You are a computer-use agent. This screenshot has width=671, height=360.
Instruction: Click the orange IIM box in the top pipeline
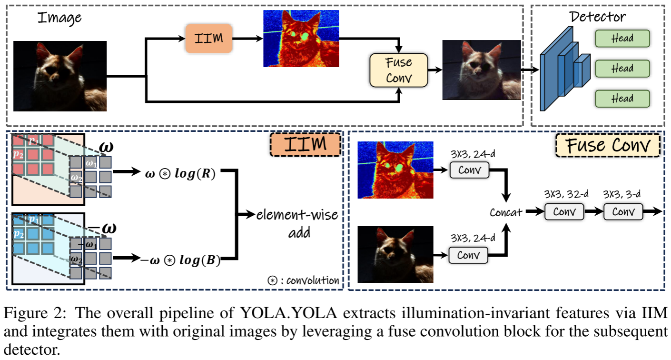(x=209, y=38)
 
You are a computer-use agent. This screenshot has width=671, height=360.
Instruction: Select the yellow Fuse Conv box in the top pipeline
(x=399, y=70)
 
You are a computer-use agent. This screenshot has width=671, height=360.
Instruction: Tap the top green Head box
(x=622, y=39)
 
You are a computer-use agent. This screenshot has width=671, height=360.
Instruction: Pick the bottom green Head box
(x=622, y=99)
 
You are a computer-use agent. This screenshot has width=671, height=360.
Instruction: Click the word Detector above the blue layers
(x=597, y=17)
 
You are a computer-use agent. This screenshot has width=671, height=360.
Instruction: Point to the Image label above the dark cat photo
(x=59, y=18)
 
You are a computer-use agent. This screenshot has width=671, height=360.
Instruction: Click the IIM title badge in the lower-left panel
(x=305, y=144)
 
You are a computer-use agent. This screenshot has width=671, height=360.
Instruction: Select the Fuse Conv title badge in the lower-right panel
(x=608, y=144)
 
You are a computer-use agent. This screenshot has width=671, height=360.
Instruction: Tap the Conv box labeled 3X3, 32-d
(x=564, y=211)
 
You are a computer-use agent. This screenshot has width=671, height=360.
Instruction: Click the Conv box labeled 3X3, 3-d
(x=623, y=211)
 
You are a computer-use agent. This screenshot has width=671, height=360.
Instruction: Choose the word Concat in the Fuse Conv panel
(x=505, y=212)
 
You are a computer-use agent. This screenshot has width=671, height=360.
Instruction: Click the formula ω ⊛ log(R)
(x=181, y=173)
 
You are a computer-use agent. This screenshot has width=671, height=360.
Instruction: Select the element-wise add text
(x=297, y=223)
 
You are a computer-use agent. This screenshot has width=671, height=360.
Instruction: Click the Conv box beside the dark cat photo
(x=469, y=255)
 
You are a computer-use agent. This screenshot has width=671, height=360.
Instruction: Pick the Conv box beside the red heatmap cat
(x=469, y=170)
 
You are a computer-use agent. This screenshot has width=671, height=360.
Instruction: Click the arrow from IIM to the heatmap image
(x=247, y=38)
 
